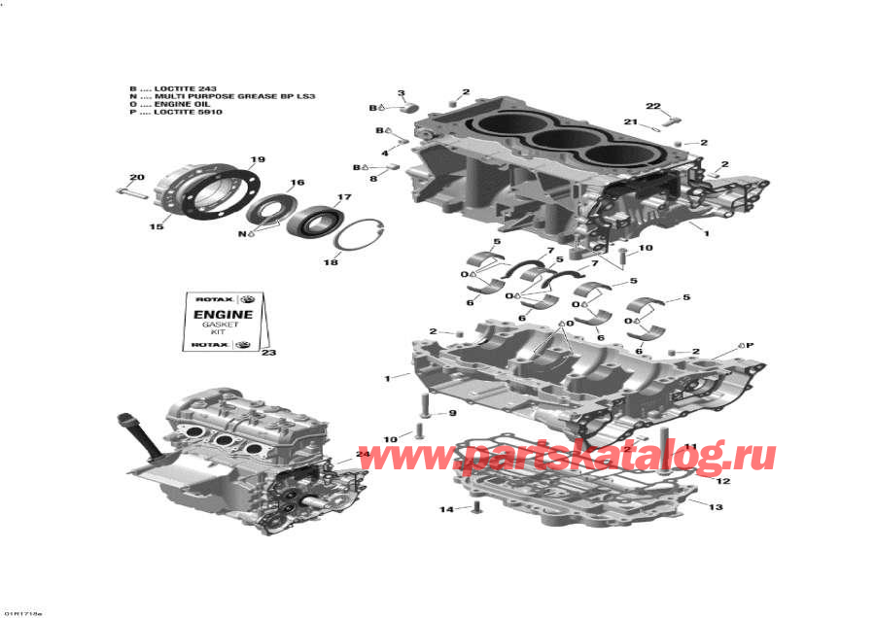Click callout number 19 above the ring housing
pyautogui.click(x=258, y=159)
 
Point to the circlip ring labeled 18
pyautogui.click(x=361, y=236)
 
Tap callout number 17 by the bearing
pyautogui.click(x=344, y=198)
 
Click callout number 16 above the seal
pyautogui.click(x=297, y=183)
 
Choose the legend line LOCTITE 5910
pyautogui.click(x=181, y=113)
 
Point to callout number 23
pyautogui.click(x=269, y=353)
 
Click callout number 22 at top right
pyautogui.click(x=652, y=106)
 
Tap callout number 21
pyautogui.click(x=631, y=121)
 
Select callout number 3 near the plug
pyautogui.click(x=401, y=92)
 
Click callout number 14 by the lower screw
pyautogui.click(x=446, y=509)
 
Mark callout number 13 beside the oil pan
pyautogui.click(x=716, y=507)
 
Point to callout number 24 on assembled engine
pyautogui.click(x=363, y=454)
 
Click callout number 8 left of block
pyautogui.click(x=372, y=178)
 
